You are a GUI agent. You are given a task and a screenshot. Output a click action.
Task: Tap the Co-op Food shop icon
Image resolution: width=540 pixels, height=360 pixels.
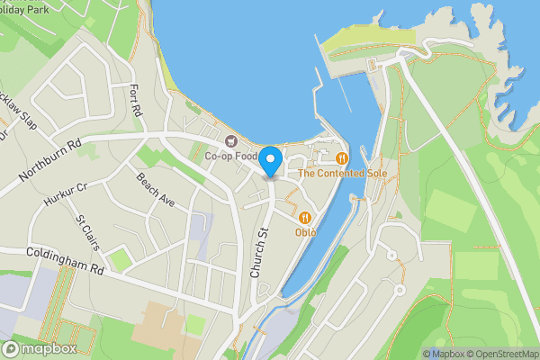click(x=231, y=140)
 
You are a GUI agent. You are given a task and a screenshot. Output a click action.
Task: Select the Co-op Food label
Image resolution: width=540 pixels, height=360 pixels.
click(x=231, y=155)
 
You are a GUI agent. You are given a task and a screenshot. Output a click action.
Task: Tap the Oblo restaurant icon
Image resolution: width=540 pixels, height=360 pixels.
click(x=305, y=217)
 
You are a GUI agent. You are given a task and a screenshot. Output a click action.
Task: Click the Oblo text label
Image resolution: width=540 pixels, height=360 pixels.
click(x=305, y=231)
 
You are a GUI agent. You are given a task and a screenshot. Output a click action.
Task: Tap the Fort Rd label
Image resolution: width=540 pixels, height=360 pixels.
click(x=137, y=101)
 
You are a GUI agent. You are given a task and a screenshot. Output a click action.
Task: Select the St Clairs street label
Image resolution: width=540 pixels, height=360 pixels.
click(x=86, y=231)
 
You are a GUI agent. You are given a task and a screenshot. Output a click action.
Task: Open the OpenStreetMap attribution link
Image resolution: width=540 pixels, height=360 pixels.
click(x=499, y=354)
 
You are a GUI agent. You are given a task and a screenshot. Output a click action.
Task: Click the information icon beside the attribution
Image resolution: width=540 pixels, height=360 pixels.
click(x=427, y=353)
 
